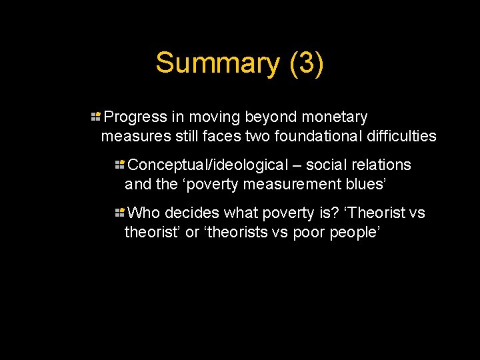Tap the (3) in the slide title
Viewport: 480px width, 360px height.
pos(307,63)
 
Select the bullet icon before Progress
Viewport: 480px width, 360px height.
pos(96,117)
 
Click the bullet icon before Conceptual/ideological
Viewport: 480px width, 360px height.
pos(120,165)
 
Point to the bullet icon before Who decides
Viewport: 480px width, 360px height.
pos(120,213)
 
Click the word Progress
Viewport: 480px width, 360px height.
pos(136,117)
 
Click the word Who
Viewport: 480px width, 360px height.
pos(144,213)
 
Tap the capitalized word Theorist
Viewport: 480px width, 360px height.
pos(378,213)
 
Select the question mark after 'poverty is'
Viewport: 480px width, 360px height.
pos(336,213)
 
